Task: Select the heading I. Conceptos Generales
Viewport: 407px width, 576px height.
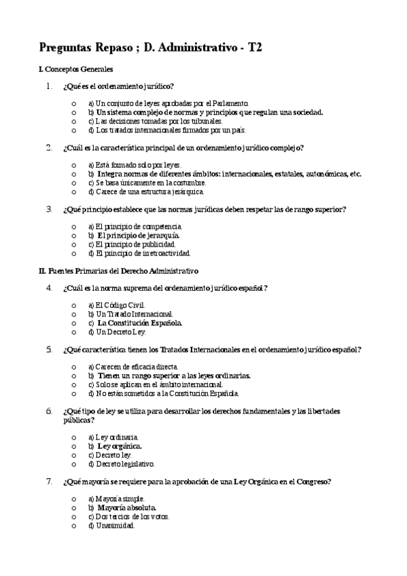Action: pos(76,69)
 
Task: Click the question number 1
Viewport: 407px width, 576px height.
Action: pos(49,86)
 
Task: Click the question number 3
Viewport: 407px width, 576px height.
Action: pos(49,209)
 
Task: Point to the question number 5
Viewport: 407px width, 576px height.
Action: pos(49,350)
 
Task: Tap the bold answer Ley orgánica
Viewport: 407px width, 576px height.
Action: pos(120,446)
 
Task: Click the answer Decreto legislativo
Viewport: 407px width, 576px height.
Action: pos(125,464)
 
